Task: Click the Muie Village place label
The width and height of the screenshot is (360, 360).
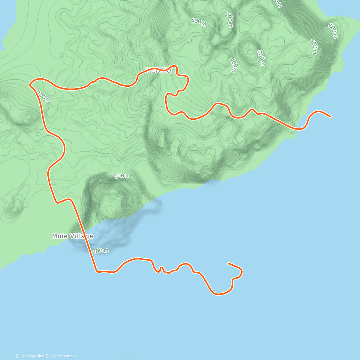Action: (72, 236)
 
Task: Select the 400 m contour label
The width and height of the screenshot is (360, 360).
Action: (230, 20)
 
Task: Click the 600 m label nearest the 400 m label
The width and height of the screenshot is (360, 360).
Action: (199, 22)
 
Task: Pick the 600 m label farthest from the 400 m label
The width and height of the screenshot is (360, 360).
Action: (233, 65)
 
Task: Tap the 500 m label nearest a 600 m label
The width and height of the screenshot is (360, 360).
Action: (261, 58)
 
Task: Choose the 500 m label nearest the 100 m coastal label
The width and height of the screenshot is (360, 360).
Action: (313, 46)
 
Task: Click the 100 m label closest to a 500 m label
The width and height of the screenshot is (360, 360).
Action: (333, 31)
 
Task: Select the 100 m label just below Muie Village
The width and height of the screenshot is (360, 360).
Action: (100, 250)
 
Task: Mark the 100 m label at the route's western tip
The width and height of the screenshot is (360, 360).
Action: (44, 97)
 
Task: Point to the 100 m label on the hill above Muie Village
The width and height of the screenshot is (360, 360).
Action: (122, 176)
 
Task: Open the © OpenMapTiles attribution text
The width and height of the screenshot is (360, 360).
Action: (29, 356)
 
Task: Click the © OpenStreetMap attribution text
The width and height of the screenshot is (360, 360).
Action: (63, 356)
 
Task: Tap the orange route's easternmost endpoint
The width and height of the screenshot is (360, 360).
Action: (330, 116)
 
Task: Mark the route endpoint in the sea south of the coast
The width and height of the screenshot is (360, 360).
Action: (229, 263)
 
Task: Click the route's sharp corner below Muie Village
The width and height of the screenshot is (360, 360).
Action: (97, 272)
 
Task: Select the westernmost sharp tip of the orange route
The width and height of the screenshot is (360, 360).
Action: (30, 85)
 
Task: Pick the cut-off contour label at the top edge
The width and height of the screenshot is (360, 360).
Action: (277, 3)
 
